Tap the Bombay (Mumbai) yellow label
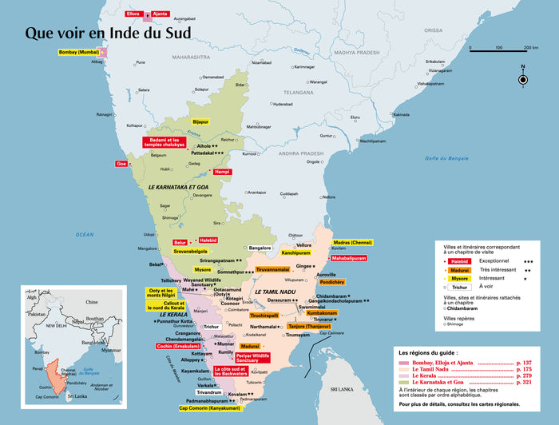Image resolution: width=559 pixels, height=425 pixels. pos(80,53)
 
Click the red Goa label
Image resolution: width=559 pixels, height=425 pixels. pos(121,164)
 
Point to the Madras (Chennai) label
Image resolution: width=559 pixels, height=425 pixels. pos(352,242)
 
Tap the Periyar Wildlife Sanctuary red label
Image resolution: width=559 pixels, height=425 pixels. pos(252,357)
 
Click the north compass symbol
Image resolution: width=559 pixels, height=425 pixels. pos(523,78)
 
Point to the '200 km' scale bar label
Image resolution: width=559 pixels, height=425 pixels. pos(530,48)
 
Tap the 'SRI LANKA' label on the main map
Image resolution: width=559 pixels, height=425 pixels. pos(342,389)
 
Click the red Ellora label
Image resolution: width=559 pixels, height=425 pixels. pos(133,14)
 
